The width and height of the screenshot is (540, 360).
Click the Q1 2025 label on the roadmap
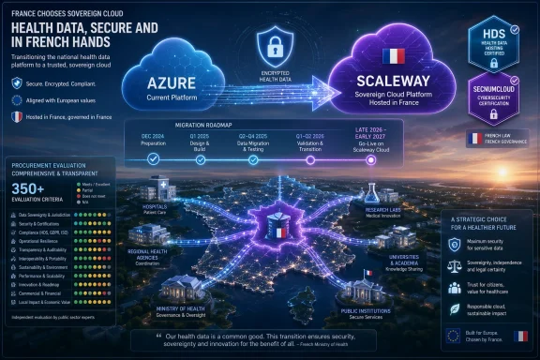[200, 135]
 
